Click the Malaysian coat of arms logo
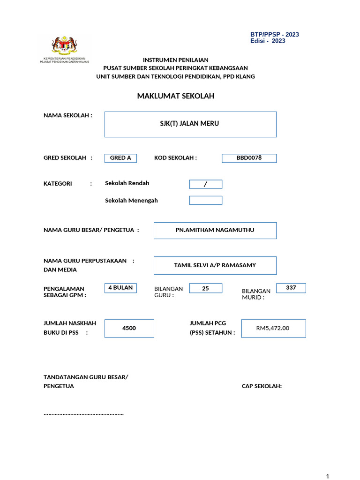(64, 45)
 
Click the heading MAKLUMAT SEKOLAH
(175, 96)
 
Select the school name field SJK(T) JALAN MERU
(190, 124)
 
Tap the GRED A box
(120, 158)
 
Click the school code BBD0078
(249, 158)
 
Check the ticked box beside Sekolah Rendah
(205, 184)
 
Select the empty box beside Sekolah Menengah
(205, 201)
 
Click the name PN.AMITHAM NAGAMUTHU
(215, 230)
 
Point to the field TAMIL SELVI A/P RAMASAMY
(215, 265)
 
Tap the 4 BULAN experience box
(120, 288)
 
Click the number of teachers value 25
(205, 288)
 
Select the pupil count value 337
(291, 288)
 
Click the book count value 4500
(129, 328)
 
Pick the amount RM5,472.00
(273, 328)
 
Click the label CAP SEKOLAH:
(262, 386)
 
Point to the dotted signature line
(83, 414)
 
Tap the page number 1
(327, 476)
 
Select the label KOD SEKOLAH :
(175, 158)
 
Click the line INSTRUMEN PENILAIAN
(175, 60)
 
